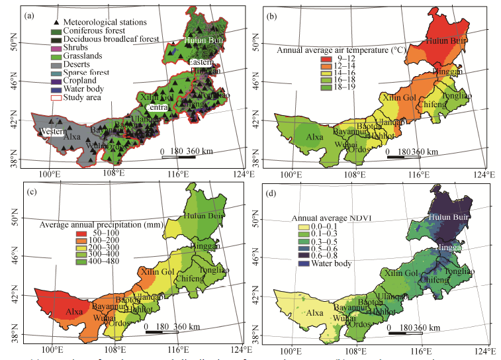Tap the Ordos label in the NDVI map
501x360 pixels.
tap(359, 325)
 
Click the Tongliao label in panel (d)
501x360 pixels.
tap(458, 272)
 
